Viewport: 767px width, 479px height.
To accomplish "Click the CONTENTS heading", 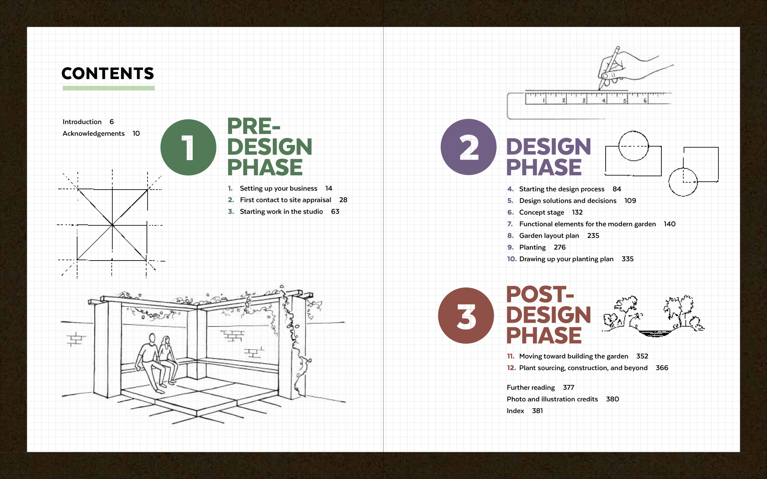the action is click(x=107, y=73).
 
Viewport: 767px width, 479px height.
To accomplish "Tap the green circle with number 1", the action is click(x=188, y=147).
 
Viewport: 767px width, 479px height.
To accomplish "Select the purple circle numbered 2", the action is click(x=468, y=147).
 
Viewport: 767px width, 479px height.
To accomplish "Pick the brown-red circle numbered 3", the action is click(x=466, y=315).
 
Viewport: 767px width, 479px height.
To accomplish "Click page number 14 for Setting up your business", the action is click(x=329, y=188).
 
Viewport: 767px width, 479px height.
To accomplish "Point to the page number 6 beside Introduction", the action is click(x=112, y=122).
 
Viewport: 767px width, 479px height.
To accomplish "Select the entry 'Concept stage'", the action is click(x=542, y=213).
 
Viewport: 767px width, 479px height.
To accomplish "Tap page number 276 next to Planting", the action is click(x=560, y=247).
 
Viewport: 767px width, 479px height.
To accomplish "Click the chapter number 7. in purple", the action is click(x=510, y=224).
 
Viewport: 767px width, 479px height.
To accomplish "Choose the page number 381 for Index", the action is click(x=537, y=411).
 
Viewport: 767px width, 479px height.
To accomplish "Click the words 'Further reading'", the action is click(x=531, y=388).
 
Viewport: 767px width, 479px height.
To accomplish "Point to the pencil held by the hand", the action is click(x=609, y=68).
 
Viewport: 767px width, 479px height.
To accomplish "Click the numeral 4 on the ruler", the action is click(x=604, y=101).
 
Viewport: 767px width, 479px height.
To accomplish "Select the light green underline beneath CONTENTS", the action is click(x=109, y=88).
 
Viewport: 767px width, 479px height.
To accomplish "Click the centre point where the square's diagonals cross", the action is click(x=112, y=225).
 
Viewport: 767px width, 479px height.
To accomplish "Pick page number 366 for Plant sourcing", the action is click(x=662, y=368).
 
